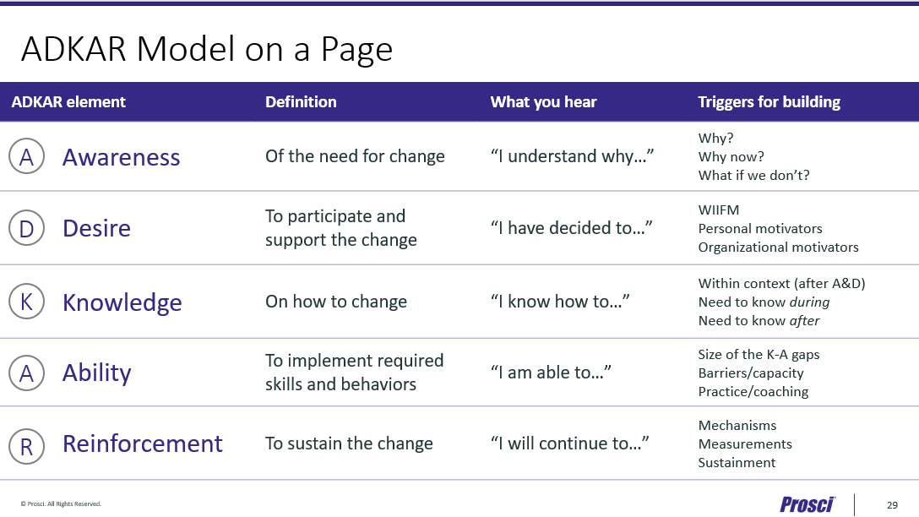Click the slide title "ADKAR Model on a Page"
[x=207, y=49]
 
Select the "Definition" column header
[x=301, y=102]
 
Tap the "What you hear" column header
[x=543, y=102]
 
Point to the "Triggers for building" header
[x=769, y=102]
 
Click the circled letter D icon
[x=26, y=228]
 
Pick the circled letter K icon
[x=26, y=302]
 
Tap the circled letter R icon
[x=26, y=446]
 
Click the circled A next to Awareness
[x=26, y=156]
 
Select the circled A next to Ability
[x=26, y=373]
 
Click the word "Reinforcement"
[x=143, y=444]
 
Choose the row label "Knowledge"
[x=122, y=303]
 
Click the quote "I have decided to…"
[x=572, y=227]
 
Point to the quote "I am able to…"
[x=551, y=373]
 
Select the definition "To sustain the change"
[x=349, y=444]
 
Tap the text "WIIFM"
[x=719, y=210]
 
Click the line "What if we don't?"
[x=753, y=175]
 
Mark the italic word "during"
[x=809, y=302]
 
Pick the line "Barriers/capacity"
[x=751, y=373]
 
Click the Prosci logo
[x=807, y=504]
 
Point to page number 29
[x=892, y=504]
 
